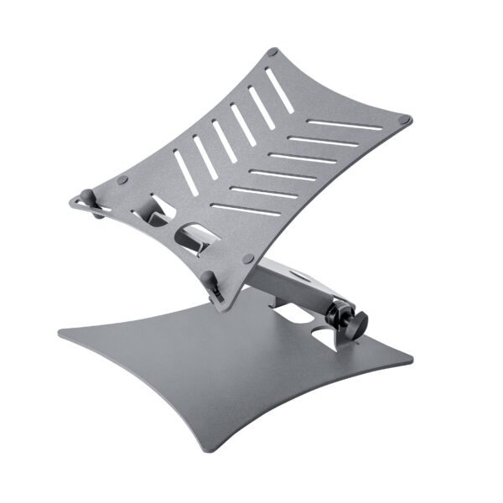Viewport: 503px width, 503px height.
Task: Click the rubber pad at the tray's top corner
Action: click(x=271, y=53)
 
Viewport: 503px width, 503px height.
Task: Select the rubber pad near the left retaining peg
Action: click(x=122, y=180)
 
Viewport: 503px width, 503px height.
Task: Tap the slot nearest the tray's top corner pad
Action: click(x=280, y=93)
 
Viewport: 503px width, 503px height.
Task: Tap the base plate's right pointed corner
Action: click(x=411, y=362)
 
